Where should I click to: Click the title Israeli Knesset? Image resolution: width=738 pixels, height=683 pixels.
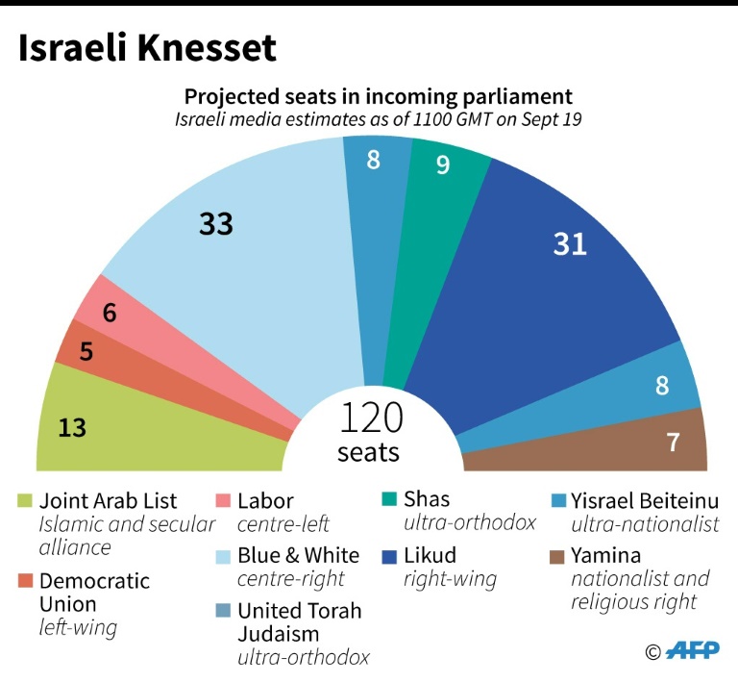pyautogui.click(x=147, y=47)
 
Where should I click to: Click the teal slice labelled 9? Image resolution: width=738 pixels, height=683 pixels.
pyautogui.click(x=445, y=192)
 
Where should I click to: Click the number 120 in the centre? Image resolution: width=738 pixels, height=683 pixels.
pyautogui.click(x=370, y=419)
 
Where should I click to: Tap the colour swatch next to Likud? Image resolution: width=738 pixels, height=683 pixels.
pyautogui.click(x=389, y=556)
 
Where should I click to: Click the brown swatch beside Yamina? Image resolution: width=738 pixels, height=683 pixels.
pyautogui.click(x=555, y=556)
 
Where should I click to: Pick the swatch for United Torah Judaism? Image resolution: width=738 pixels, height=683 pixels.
pyautogui.click(x=223, y=611)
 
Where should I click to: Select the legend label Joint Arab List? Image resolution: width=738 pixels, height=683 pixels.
pyautogui.click(x=108, y=500)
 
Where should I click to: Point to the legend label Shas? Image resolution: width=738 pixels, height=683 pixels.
pyautogui.click(x=427, y=499)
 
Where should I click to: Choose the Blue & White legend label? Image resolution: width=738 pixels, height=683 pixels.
pyautogui.click(x=299, y=555)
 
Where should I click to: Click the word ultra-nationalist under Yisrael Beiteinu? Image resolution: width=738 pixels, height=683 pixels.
pyautogui.click(x=645, y=524)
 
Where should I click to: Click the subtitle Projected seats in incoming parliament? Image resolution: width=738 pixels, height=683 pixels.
pyautogui.click(x=379, y=97)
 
